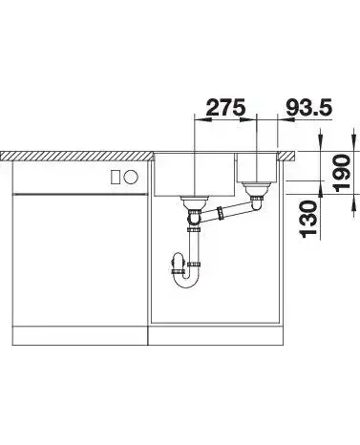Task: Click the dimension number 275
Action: [x=226, y=107]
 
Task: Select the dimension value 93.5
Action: [x=308, y=107]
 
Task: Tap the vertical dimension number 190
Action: [x=342, y=173]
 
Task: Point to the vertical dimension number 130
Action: [x=308, y=219]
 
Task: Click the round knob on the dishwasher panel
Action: [x=131, y=177]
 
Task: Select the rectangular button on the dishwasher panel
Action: [x=116, y=177]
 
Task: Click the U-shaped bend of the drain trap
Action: [x=187, y=281]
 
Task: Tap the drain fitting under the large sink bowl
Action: [x=194, y=202]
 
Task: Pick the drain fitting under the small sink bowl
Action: [x=256, y=188]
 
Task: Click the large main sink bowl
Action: [x=195, y=175]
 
